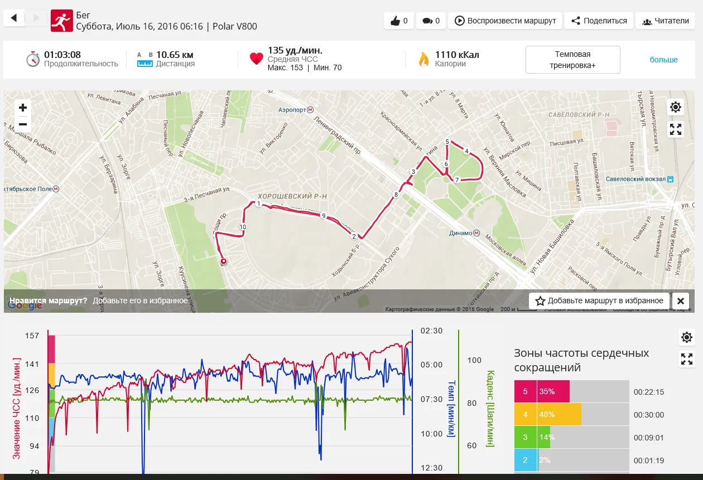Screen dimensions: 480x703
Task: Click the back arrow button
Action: click(14, 18)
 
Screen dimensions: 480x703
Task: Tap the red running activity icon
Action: click(61, 21)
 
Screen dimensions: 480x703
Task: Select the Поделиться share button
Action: click(599, 21)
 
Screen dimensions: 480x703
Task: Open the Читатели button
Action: click(666, 21)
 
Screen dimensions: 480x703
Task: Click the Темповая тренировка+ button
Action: click(572, 60)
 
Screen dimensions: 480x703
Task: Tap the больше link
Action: click(663, 60)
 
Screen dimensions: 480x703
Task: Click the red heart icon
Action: click(256, 59)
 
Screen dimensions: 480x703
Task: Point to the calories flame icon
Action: click(423, 59)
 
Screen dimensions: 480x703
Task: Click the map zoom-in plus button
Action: click(23, 108)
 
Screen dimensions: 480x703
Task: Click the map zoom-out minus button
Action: click(23, 124)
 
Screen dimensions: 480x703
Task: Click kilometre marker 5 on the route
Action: click(447, 142)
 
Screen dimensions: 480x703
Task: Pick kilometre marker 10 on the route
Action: click(243, 227)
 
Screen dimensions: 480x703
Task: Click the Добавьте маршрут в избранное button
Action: click(600, 301)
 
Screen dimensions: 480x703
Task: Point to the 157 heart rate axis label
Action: click(32, 336)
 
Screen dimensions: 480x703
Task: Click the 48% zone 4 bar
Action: click(559, 415)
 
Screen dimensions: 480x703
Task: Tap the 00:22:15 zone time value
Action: click(648, 392)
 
